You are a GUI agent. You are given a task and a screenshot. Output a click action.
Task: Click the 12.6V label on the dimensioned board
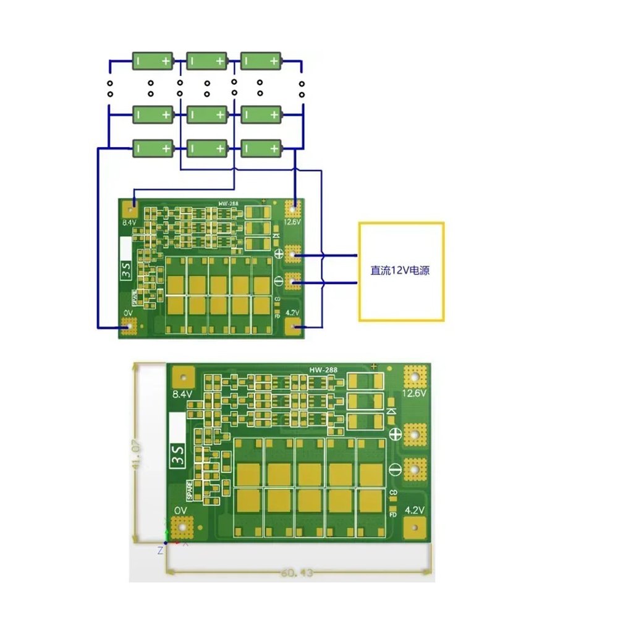(x=415, y=394)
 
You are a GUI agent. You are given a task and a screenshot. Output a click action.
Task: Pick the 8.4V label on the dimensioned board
(x=182, y=394)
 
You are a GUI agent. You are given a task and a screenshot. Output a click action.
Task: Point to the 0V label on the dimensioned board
(x=180, y=510)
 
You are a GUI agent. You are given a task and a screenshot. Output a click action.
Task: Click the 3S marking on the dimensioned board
(x=179, y=460)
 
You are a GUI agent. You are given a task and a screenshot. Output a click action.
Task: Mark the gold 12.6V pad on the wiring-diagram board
(x=293, y=207)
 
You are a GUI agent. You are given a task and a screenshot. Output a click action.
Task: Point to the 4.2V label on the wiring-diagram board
(x=292, y=313)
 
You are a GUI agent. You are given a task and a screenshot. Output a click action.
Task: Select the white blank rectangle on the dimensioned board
(x=178, y=427)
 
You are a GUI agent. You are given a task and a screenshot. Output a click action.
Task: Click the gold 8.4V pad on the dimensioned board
(x=182, y=376)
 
